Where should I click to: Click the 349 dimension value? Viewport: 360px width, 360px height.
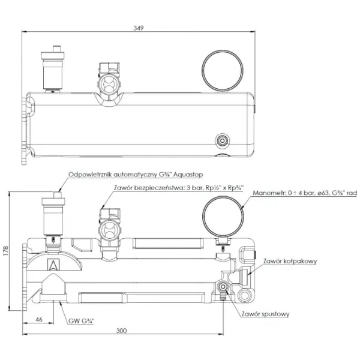point(139,28)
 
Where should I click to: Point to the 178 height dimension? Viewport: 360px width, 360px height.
point(5,251)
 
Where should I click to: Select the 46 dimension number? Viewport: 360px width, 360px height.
point(39,319)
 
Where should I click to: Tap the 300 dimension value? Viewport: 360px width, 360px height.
point(121,331)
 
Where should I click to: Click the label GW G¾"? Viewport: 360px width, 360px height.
point(81,321)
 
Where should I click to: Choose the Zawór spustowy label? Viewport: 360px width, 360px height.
point(265,314)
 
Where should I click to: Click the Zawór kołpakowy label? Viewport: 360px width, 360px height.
point(290,261)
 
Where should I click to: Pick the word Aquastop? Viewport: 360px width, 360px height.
point(188,175)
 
